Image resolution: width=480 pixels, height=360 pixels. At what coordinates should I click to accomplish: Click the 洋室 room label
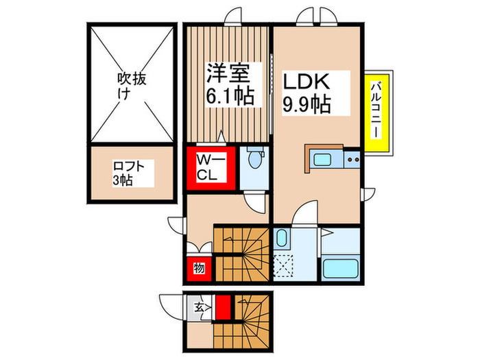point(226,73)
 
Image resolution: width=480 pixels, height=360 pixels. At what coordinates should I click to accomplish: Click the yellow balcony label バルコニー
point(376,112)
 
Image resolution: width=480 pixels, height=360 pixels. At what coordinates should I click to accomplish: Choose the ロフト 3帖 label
point(130,172)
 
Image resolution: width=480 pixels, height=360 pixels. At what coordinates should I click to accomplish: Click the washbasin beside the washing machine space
point(283,240)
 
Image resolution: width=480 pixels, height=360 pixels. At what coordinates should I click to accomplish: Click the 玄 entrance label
point(198,307)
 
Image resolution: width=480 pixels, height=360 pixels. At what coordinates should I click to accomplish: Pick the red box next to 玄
point(223,307)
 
